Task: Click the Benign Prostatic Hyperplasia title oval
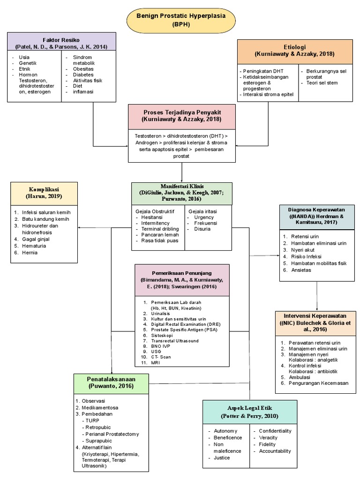pos(180,20)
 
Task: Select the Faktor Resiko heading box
pos(61,43)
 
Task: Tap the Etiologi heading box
pos(294,51)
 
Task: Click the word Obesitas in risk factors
pos(83,69)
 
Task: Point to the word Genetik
pos(28,63)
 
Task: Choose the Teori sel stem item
pos(322,83)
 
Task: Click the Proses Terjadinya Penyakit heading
pos(181,116)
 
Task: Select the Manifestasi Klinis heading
pos(181,193)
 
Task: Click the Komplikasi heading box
pos(44,193)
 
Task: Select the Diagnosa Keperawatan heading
pos(316,216)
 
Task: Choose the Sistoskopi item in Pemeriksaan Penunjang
pos(162,336)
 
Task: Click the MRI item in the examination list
pos(156,363)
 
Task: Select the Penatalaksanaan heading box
pos(111,382)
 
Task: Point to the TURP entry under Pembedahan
pos(92,420)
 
